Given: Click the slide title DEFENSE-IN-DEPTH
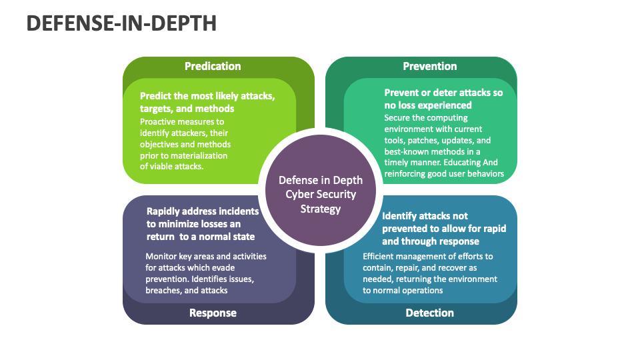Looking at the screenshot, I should pos(121,23).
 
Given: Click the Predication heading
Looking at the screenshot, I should pos(213,66).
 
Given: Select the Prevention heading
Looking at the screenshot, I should pos(430,66).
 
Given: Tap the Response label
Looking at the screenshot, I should pos(213,313).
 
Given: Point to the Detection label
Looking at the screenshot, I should pos(430,313).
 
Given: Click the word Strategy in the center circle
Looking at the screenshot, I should pos(321,209).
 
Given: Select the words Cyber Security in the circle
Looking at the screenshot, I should pos(321,194).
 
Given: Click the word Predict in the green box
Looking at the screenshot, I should pos(156,96).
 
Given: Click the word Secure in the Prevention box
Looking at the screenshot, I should pos(399,117).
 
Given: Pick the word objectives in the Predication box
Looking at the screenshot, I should pos(161,144).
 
